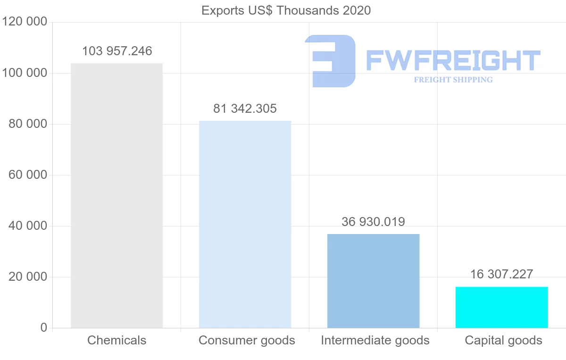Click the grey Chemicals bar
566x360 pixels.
click(117, 196)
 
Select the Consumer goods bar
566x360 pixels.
click(245, 224)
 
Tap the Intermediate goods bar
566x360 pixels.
click(373, 281)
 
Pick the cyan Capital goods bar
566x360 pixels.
click(501, 307)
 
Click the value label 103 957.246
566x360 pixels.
click(117, 51)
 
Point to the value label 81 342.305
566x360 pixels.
click(245, 109)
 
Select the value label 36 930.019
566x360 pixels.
click(373, 222)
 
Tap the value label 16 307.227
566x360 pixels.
click(501, 274)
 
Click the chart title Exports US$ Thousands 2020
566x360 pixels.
click(286, 10)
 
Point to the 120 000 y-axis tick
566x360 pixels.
click(25, 22)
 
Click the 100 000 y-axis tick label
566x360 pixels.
click(25, 73)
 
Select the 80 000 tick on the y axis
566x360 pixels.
click(28, 124)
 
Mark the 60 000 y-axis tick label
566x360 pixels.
click(28, 175)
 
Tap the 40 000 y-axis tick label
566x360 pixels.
click(28, 226)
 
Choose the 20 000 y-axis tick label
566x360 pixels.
click(28, 277)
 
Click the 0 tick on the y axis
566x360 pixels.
click(44, 328)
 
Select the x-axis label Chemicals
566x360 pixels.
click(117, 340)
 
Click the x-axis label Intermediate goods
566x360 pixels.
click(375, 340)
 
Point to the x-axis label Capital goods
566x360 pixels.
click(503, 340)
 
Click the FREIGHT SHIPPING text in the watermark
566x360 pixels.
click(453, 80)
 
